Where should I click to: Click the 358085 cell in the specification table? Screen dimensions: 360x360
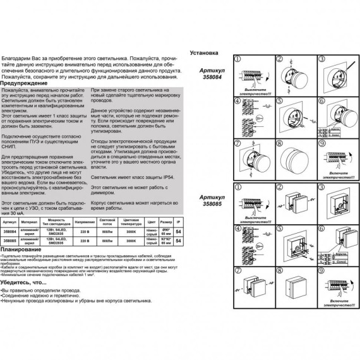pos(9,241)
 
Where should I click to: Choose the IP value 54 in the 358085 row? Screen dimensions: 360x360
pos(178,241)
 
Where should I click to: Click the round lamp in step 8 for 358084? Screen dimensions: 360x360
pos(295,155)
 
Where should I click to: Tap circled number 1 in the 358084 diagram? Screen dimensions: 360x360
pos(238,59)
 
